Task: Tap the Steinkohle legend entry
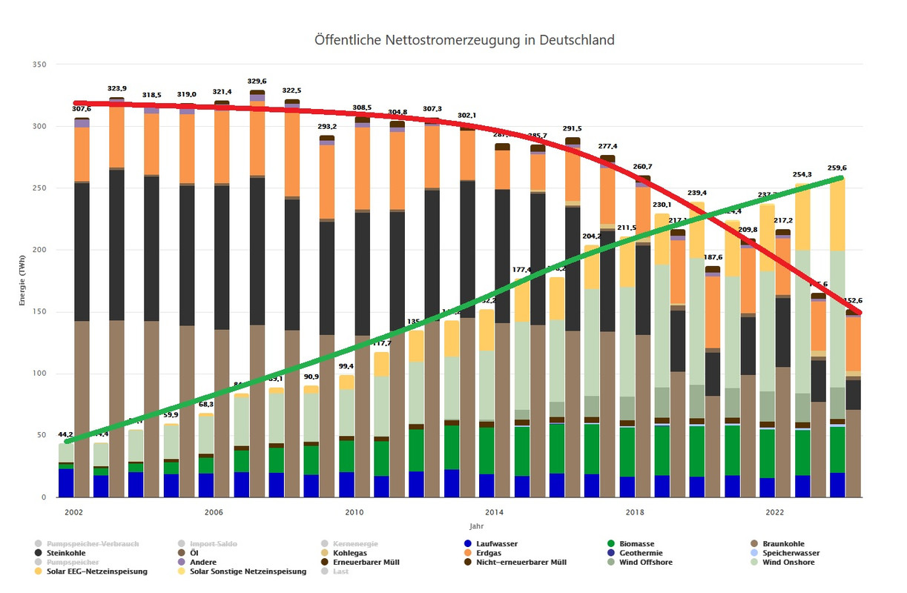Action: click(65, 553)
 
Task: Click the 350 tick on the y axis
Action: click(41, 64)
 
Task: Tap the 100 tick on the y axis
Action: click(41, 374)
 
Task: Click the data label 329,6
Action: click(257, 82)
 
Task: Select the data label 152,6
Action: click(854, 301)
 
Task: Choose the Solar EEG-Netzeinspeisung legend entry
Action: click(96, 572)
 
